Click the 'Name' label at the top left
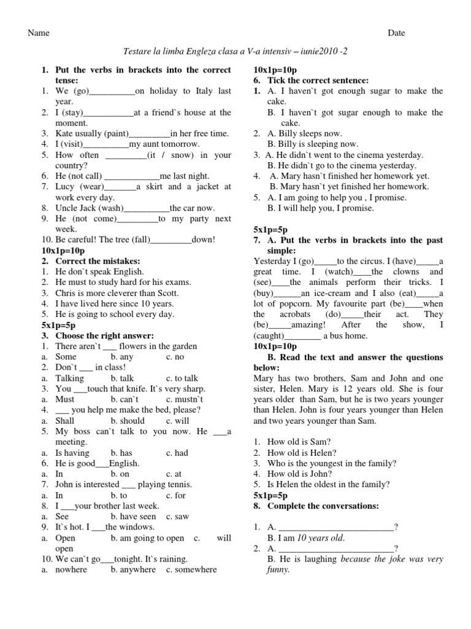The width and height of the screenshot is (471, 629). pyautogui.click(x=39, y=33)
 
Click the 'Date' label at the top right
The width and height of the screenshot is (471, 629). pyautogui.click(x=396, y=33)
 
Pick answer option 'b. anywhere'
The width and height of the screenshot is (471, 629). pyautogui.click(x=133, y=569)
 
